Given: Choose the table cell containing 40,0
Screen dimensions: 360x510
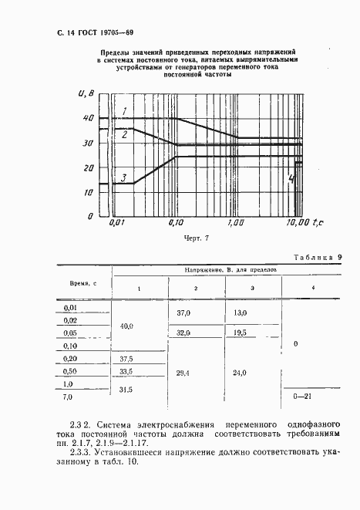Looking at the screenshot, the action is point(126,326).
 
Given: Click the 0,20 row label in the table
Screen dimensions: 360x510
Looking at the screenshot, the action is point(70,359).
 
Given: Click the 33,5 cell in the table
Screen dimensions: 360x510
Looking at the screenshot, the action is point(126,372).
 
